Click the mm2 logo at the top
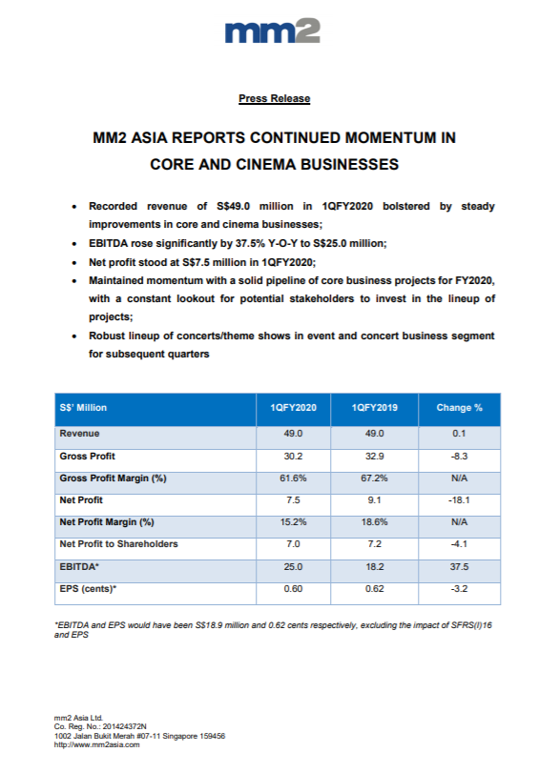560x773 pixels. tap(272, 31)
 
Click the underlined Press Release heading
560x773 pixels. tap(275, 98)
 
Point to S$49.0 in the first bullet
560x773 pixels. tap(234, 206)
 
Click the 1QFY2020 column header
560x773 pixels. tap(293, 408)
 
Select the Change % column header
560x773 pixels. tap(459, 408)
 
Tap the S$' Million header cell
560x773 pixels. tap(83, 408)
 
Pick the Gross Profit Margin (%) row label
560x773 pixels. tap(113, 478)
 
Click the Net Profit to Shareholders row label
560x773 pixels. tap(118, 543)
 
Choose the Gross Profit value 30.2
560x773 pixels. tap(293, 456)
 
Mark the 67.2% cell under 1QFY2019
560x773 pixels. tap(375, 478)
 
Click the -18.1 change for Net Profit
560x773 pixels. tap(459, 499)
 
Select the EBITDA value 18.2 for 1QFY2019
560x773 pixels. tap(375, 567)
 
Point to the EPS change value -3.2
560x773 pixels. tap(459, 589)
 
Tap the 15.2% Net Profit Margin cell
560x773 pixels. tap(293, 522)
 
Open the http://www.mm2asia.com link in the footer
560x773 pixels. tap(96, 745)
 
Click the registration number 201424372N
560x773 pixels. tap(124, 726)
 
